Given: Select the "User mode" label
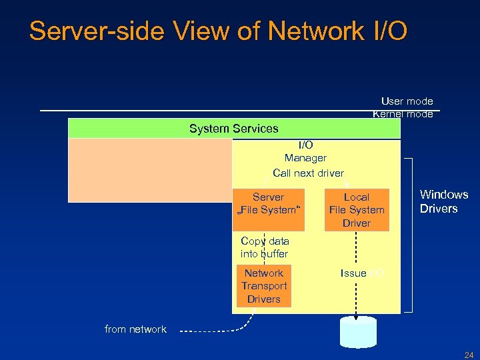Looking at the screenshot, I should coord(407,101).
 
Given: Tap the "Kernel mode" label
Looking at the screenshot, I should coord(403,114).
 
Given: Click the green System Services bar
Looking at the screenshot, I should coord(234,128).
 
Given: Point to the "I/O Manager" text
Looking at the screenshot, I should coord(305,151).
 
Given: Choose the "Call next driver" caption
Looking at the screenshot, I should coord(308,173).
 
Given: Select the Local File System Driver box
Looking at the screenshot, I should coord(356,210).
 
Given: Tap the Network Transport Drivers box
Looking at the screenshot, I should coord(264,286).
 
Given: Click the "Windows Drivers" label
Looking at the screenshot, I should coord(443,201).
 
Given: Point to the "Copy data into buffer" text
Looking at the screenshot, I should coord(265,247).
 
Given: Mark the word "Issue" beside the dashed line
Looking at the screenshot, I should coord(353,273).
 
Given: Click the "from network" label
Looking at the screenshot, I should coord(135,329).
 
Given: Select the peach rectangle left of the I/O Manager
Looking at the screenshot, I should coord(150,169).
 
